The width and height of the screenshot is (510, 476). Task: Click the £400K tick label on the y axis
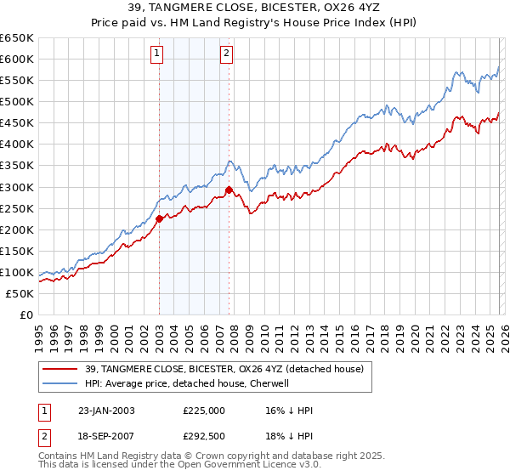click(x=17, y=144)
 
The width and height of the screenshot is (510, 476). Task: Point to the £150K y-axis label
click(x=17, y=251)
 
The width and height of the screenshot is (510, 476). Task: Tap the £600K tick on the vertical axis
click(x=17, y=59)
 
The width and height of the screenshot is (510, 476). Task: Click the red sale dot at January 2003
click(x=159, y=218)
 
